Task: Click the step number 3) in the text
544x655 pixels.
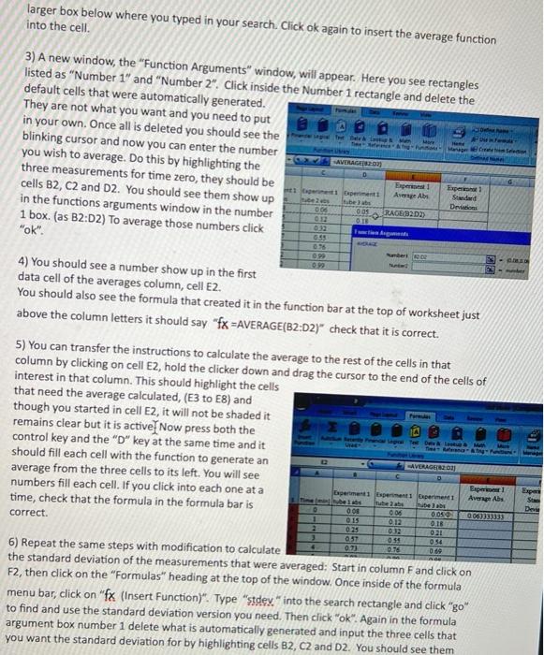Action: pyautogui.click(x=29, y=58)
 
